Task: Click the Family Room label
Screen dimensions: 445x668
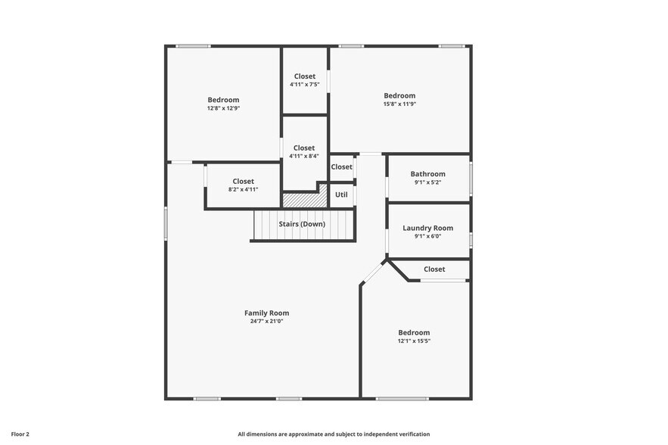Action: [x=266, y=313]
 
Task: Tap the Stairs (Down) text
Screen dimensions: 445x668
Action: [x=302, y=224]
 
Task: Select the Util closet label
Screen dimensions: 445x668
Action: [x=341, y=194]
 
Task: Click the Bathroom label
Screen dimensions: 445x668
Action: [x=427, y=174]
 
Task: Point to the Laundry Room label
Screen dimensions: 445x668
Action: [x=427, y=228]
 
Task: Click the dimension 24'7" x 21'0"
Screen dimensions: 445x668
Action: [x=266, y=321]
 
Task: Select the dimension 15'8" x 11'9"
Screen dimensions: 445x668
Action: [x=399, y=104]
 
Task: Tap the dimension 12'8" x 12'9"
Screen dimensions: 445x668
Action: [x=223, y=108]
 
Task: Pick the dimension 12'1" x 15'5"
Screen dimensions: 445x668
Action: [x=414, y=341]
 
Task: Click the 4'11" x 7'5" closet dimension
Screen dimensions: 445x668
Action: [x=304, y=84]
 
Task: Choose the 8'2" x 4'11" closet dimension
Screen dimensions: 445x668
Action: [x=243, y=189]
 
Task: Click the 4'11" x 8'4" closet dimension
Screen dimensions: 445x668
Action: [x=304, y=156]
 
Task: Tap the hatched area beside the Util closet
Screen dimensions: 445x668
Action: [x=304, y=200]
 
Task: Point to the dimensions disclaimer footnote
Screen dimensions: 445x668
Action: [x=334, y=434]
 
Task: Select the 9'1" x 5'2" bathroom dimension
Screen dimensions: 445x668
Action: [x=427, y=182]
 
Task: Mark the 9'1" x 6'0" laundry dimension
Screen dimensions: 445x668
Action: [x=427, y=236]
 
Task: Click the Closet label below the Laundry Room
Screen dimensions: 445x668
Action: [x=434, y=269]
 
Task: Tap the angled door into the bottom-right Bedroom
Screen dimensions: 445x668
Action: [x=372, y=273]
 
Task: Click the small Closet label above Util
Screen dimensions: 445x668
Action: [x=341, y=166]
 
